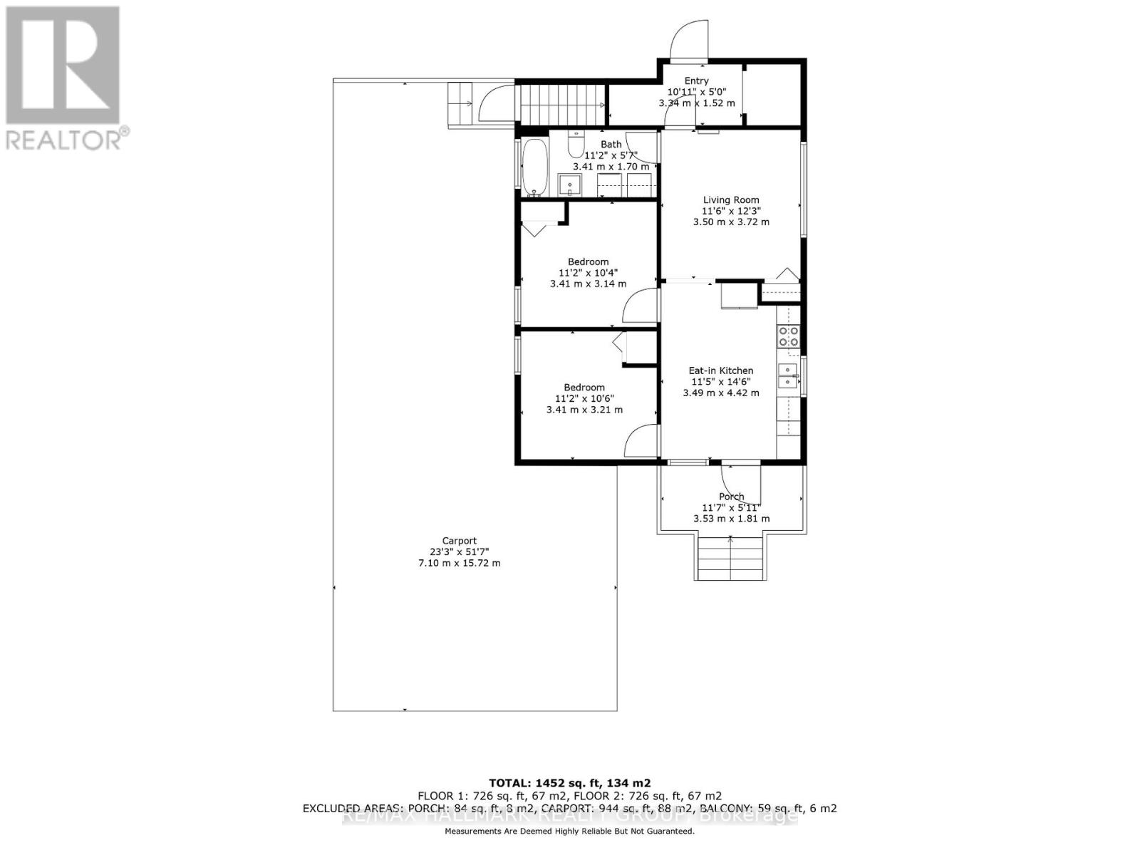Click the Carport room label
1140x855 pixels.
coord(459,541)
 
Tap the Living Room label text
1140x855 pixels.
coord(731,200)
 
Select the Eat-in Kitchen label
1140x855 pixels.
coord(720,370)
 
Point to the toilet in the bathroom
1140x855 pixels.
coord(575,145)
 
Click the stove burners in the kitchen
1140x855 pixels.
coord(789,336)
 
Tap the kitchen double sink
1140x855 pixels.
coord(788,376)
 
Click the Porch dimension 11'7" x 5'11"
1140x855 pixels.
coord(731,508)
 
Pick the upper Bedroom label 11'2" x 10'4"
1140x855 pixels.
coord(588,272)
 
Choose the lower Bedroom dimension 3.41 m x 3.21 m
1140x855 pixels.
coord(584,410)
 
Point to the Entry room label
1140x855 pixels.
coord(696,81)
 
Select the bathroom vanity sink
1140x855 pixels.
coord(570,185)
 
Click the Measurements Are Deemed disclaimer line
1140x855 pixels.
coord(569,831)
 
